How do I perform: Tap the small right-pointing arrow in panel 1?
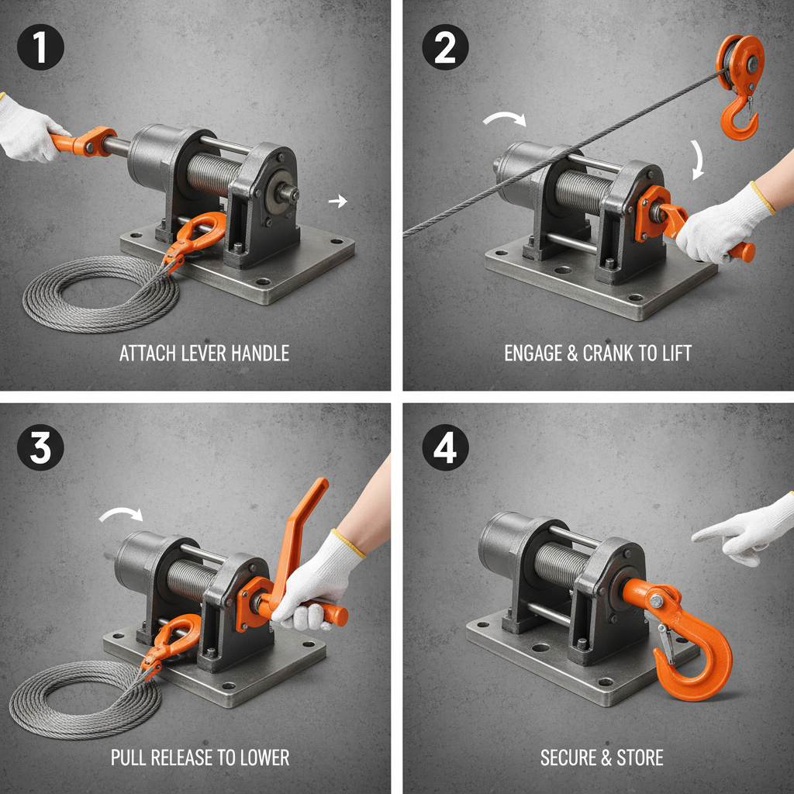337,202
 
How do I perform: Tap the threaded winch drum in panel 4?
558,566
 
